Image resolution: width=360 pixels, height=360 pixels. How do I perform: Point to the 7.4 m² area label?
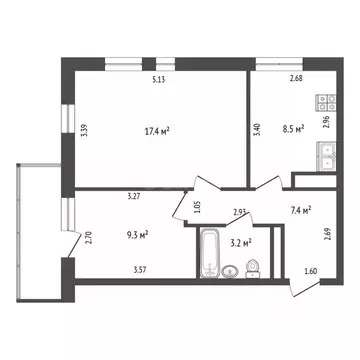(300, 210)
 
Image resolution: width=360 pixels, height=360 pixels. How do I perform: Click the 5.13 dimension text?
(159, 80)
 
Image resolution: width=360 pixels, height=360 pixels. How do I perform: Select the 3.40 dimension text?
(257, 130)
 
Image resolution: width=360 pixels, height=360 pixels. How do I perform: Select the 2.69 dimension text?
(327, 237)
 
